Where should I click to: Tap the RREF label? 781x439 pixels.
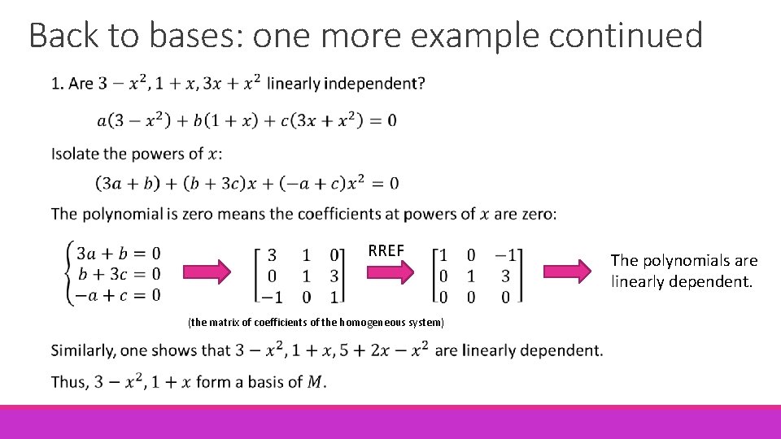[386, 250]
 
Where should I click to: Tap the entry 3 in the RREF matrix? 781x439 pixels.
[505, 276]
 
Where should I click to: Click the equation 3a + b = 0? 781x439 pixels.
[118, 253]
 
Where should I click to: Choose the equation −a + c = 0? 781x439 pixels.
[118, 294]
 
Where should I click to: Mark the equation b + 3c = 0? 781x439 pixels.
[118, 273]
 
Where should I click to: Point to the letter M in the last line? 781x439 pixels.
[314, 382]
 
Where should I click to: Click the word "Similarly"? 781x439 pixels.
[85, 350]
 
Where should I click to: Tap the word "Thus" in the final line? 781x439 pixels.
[68, 382]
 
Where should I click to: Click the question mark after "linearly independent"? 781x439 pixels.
[420, 83]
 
